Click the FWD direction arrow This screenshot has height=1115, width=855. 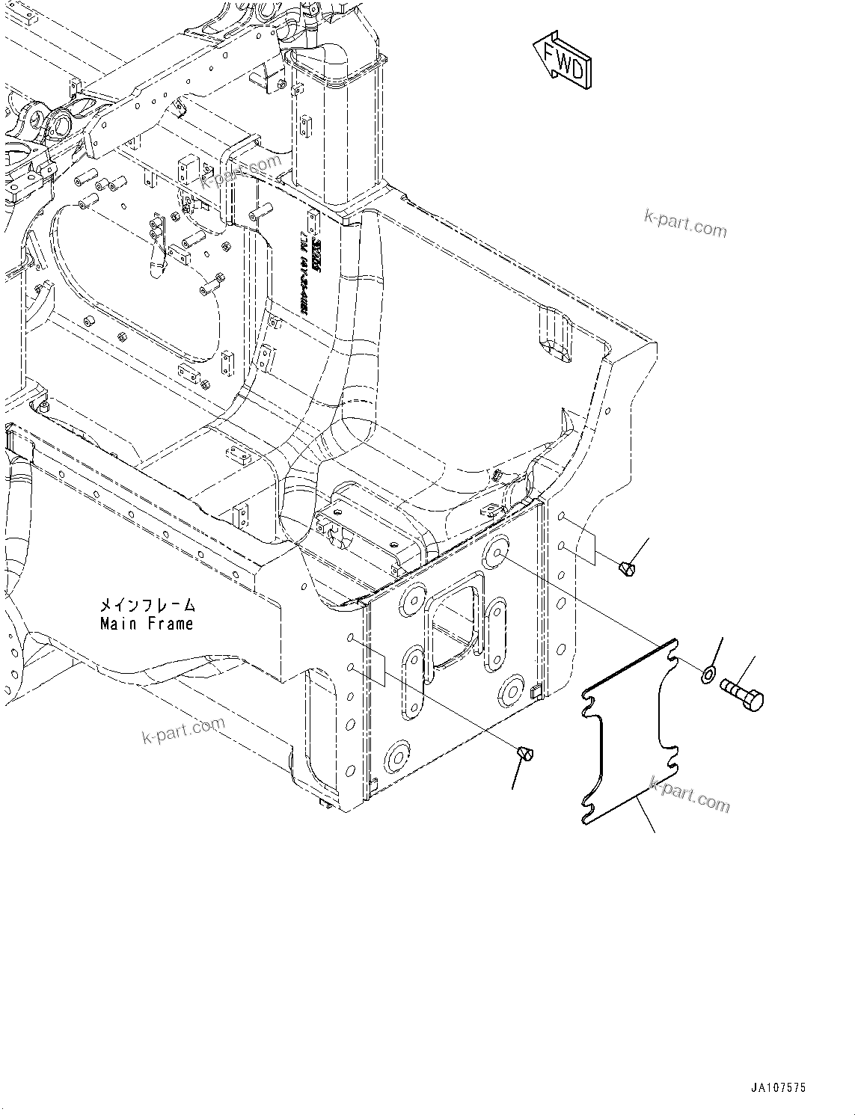click(x=563, y=60)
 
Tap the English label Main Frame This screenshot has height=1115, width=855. click(x=147, y=623)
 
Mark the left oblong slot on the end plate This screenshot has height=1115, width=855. click(x=413, y=683)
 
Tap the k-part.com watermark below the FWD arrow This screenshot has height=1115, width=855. click(x=684, y=222)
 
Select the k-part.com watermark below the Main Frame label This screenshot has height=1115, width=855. click(x=183, y=731)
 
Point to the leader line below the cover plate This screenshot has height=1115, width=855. click(x=645, y=815)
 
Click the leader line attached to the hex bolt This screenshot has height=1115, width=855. click(x=749, y=667)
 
